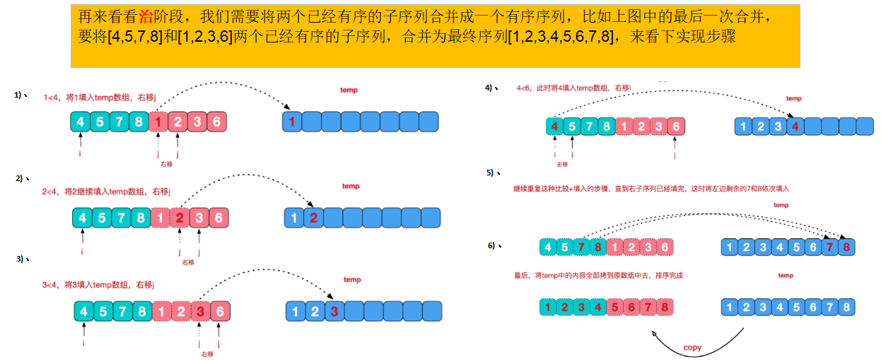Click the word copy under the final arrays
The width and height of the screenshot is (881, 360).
coord(692,347)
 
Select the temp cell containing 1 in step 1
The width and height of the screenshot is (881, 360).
coord(291,122)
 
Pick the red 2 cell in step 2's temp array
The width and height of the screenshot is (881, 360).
coord(313,218)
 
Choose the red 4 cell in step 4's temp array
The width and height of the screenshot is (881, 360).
coord(795,127)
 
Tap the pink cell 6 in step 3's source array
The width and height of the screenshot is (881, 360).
coord(221,310)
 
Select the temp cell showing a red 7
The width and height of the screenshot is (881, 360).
coord(829,247)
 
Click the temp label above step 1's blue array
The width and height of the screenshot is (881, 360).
coord(349,90)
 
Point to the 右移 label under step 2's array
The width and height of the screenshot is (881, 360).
coord(187,262)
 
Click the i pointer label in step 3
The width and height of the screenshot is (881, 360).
coord(83,343)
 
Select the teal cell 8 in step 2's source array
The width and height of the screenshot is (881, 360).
coord(141,218)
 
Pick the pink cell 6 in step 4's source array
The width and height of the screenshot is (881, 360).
coord(676,127)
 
